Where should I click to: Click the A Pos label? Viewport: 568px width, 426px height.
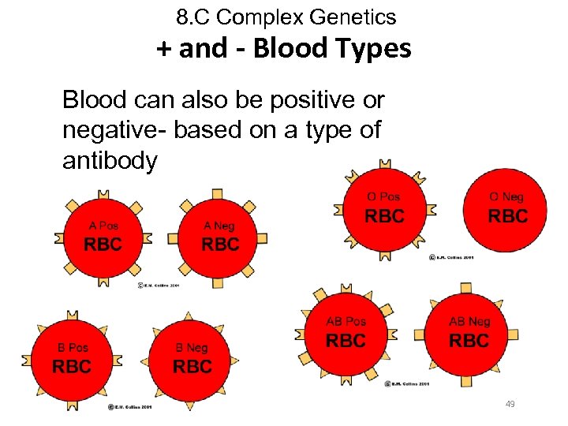pos(103,225)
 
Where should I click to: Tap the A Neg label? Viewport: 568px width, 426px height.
pos(219,226)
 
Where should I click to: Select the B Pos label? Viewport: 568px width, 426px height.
pos(73,347)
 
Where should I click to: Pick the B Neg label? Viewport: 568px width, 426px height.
pos(192,347)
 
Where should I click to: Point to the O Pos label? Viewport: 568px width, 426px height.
pos(384,196)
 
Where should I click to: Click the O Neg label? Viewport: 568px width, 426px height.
pos(506,196)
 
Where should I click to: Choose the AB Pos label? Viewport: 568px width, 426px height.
pos(346,321)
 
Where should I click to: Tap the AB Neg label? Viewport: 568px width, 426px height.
pos(469,321)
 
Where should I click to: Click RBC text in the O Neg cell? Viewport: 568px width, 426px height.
pos(507,215)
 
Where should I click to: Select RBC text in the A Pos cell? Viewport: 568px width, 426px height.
pos(103,244)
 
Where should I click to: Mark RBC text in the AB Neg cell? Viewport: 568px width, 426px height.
pos(469,341)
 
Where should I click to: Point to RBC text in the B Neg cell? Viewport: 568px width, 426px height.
pos(192,367)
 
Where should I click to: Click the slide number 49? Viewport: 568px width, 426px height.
pos(510,404)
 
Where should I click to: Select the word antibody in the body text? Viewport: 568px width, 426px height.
pos(110,160)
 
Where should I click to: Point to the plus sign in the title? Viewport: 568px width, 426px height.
pos(163,49)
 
